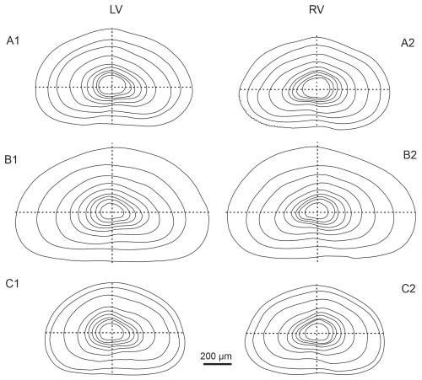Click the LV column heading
tap(116, 10)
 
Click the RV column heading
tap(316, 10)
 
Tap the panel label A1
tap(13, 41)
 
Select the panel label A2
tap(408, 43)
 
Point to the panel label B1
tap(11, 159)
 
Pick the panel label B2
tap(409, 155)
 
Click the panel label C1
tap(13, 284)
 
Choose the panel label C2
tap(408, 288)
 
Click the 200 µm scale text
tap(216, 356)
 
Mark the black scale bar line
tap(218, 364)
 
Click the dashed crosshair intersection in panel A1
tap(112, 87)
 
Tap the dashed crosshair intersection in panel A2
tap(317, 89)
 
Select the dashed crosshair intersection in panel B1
tap(112, 212)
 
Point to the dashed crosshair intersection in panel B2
tap(317, 212)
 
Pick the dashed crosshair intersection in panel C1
tap(112, 333)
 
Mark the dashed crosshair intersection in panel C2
tap(317, 333)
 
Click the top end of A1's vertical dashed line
tap(112, 29)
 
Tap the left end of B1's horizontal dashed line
tap(15, 212)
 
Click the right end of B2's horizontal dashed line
tap(416, 212)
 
